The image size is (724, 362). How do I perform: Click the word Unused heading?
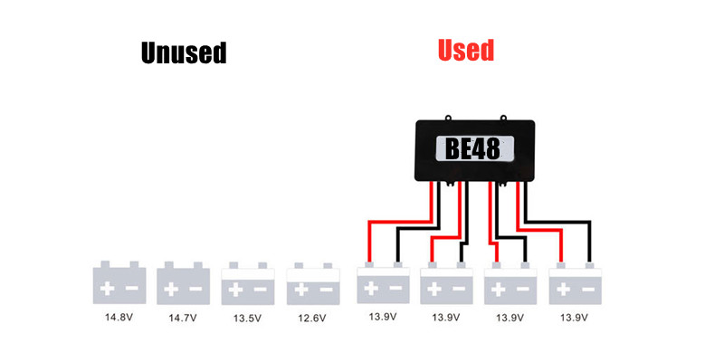point(183,53)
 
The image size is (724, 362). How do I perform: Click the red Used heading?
point(466,50)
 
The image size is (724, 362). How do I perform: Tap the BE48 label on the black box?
point(473,148)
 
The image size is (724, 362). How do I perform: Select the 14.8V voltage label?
point(119,318)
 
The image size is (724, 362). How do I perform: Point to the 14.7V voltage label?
point(183,318)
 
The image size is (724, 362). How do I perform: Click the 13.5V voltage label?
point(247,318)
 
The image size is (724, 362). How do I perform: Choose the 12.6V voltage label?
point(312,318)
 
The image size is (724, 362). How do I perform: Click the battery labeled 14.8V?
point(119,284)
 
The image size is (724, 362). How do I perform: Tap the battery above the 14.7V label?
point(183,284)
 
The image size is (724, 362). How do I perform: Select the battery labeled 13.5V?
point(247,284)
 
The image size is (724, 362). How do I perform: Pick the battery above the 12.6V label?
point(312,284)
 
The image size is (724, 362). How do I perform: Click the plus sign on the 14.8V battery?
point(108,290)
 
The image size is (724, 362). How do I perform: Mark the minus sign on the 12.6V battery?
point(325,290)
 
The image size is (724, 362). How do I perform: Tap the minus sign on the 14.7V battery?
point(196,290)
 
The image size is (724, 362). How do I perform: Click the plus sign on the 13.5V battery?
point(235,290)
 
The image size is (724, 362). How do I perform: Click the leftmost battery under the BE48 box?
point(383,284)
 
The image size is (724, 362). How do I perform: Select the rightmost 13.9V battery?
point(574,284)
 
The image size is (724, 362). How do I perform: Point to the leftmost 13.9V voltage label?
point(383,318)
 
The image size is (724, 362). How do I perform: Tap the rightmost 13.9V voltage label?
point(574,318)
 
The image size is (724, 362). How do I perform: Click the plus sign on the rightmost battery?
point(562,290)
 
